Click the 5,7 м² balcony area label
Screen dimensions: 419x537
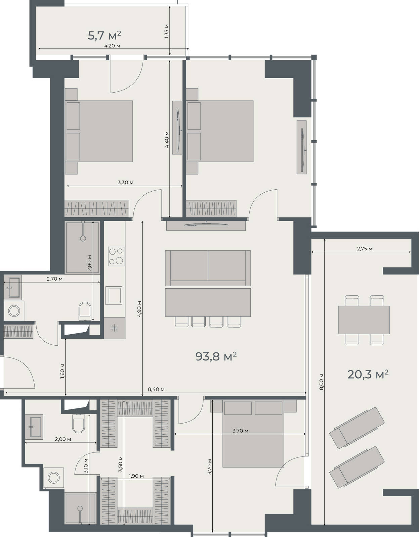(x=104, y=35)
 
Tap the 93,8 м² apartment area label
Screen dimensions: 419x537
(x=216, y=356)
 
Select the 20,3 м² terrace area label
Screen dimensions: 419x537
(x=368, y=375)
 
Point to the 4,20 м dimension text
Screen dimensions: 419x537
(x=112, y=46)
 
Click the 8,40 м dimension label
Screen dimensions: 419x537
(x=156, y=389)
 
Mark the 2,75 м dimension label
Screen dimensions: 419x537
(x=364, y=249)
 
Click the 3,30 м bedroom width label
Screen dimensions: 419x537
(x=125, y=182)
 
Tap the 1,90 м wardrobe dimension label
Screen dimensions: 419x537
(x=136, y=476)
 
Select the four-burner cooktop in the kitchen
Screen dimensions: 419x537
(x=116, y=256)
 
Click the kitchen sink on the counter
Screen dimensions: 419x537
(x=114, y=295)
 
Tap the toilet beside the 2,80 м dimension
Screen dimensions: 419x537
(x=85, y=311)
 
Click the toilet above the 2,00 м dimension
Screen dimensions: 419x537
(x=78, y=424)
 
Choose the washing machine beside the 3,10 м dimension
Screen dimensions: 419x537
(x=53, y=478)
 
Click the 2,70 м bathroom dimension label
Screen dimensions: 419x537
(x=54, y=279)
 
